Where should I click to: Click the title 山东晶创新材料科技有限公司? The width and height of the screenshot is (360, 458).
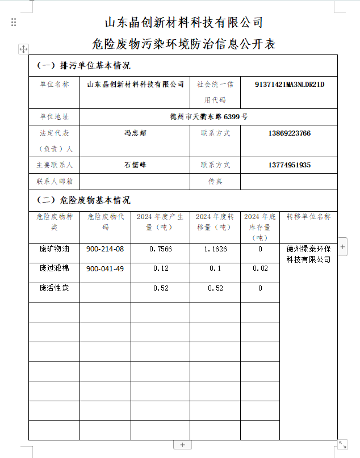click(184, 23)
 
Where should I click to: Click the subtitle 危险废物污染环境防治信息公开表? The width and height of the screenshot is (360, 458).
click(183, 44)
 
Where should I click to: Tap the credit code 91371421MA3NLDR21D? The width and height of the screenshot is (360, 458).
click(289, 85)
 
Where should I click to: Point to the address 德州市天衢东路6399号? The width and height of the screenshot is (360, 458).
click(209, 117)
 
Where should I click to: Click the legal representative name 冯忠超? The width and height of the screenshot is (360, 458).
click(135, 134)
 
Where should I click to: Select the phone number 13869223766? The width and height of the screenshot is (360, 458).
click(289, 134)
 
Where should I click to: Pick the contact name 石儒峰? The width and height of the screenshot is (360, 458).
click(135, 165)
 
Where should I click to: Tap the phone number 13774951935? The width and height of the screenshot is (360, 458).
click(289, 165)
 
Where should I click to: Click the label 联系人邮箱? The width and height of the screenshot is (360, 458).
click(54, 182)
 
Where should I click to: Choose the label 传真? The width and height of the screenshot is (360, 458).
click(215, 182)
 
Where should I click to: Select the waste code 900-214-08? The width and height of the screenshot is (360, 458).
click(105, 249)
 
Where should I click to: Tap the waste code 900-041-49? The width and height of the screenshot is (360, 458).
click(105, 268)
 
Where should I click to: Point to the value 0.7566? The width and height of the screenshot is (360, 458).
click(161, 249)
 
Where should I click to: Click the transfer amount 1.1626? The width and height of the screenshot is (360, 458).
click(215, 249)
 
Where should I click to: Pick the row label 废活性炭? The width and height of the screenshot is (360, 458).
click(54, 288)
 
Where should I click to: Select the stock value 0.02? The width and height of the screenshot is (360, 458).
click(260, 268)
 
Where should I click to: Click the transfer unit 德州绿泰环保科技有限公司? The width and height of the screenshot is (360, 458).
click(308, 254)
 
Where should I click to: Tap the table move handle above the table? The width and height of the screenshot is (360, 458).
click(23, 49)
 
